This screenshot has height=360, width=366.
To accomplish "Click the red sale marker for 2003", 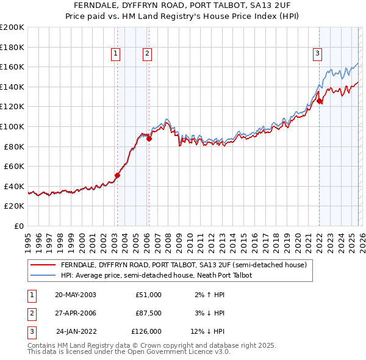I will (x=118, y=175).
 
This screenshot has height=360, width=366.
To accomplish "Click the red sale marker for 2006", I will (x=149, y=139).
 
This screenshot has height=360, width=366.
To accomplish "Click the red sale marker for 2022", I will (x=319, y=101).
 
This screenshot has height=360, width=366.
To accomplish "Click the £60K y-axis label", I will (x=13, y=166).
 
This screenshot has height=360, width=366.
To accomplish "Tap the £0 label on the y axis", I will (x=19, y=226).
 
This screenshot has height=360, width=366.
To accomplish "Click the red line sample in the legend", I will (x=43, y=265).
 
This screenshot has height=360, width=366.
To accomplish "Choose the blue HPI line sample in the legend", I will (x=43, y=275).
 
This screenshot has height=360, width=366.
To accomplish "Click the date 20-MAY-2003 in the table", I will (x=75, y=294).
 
